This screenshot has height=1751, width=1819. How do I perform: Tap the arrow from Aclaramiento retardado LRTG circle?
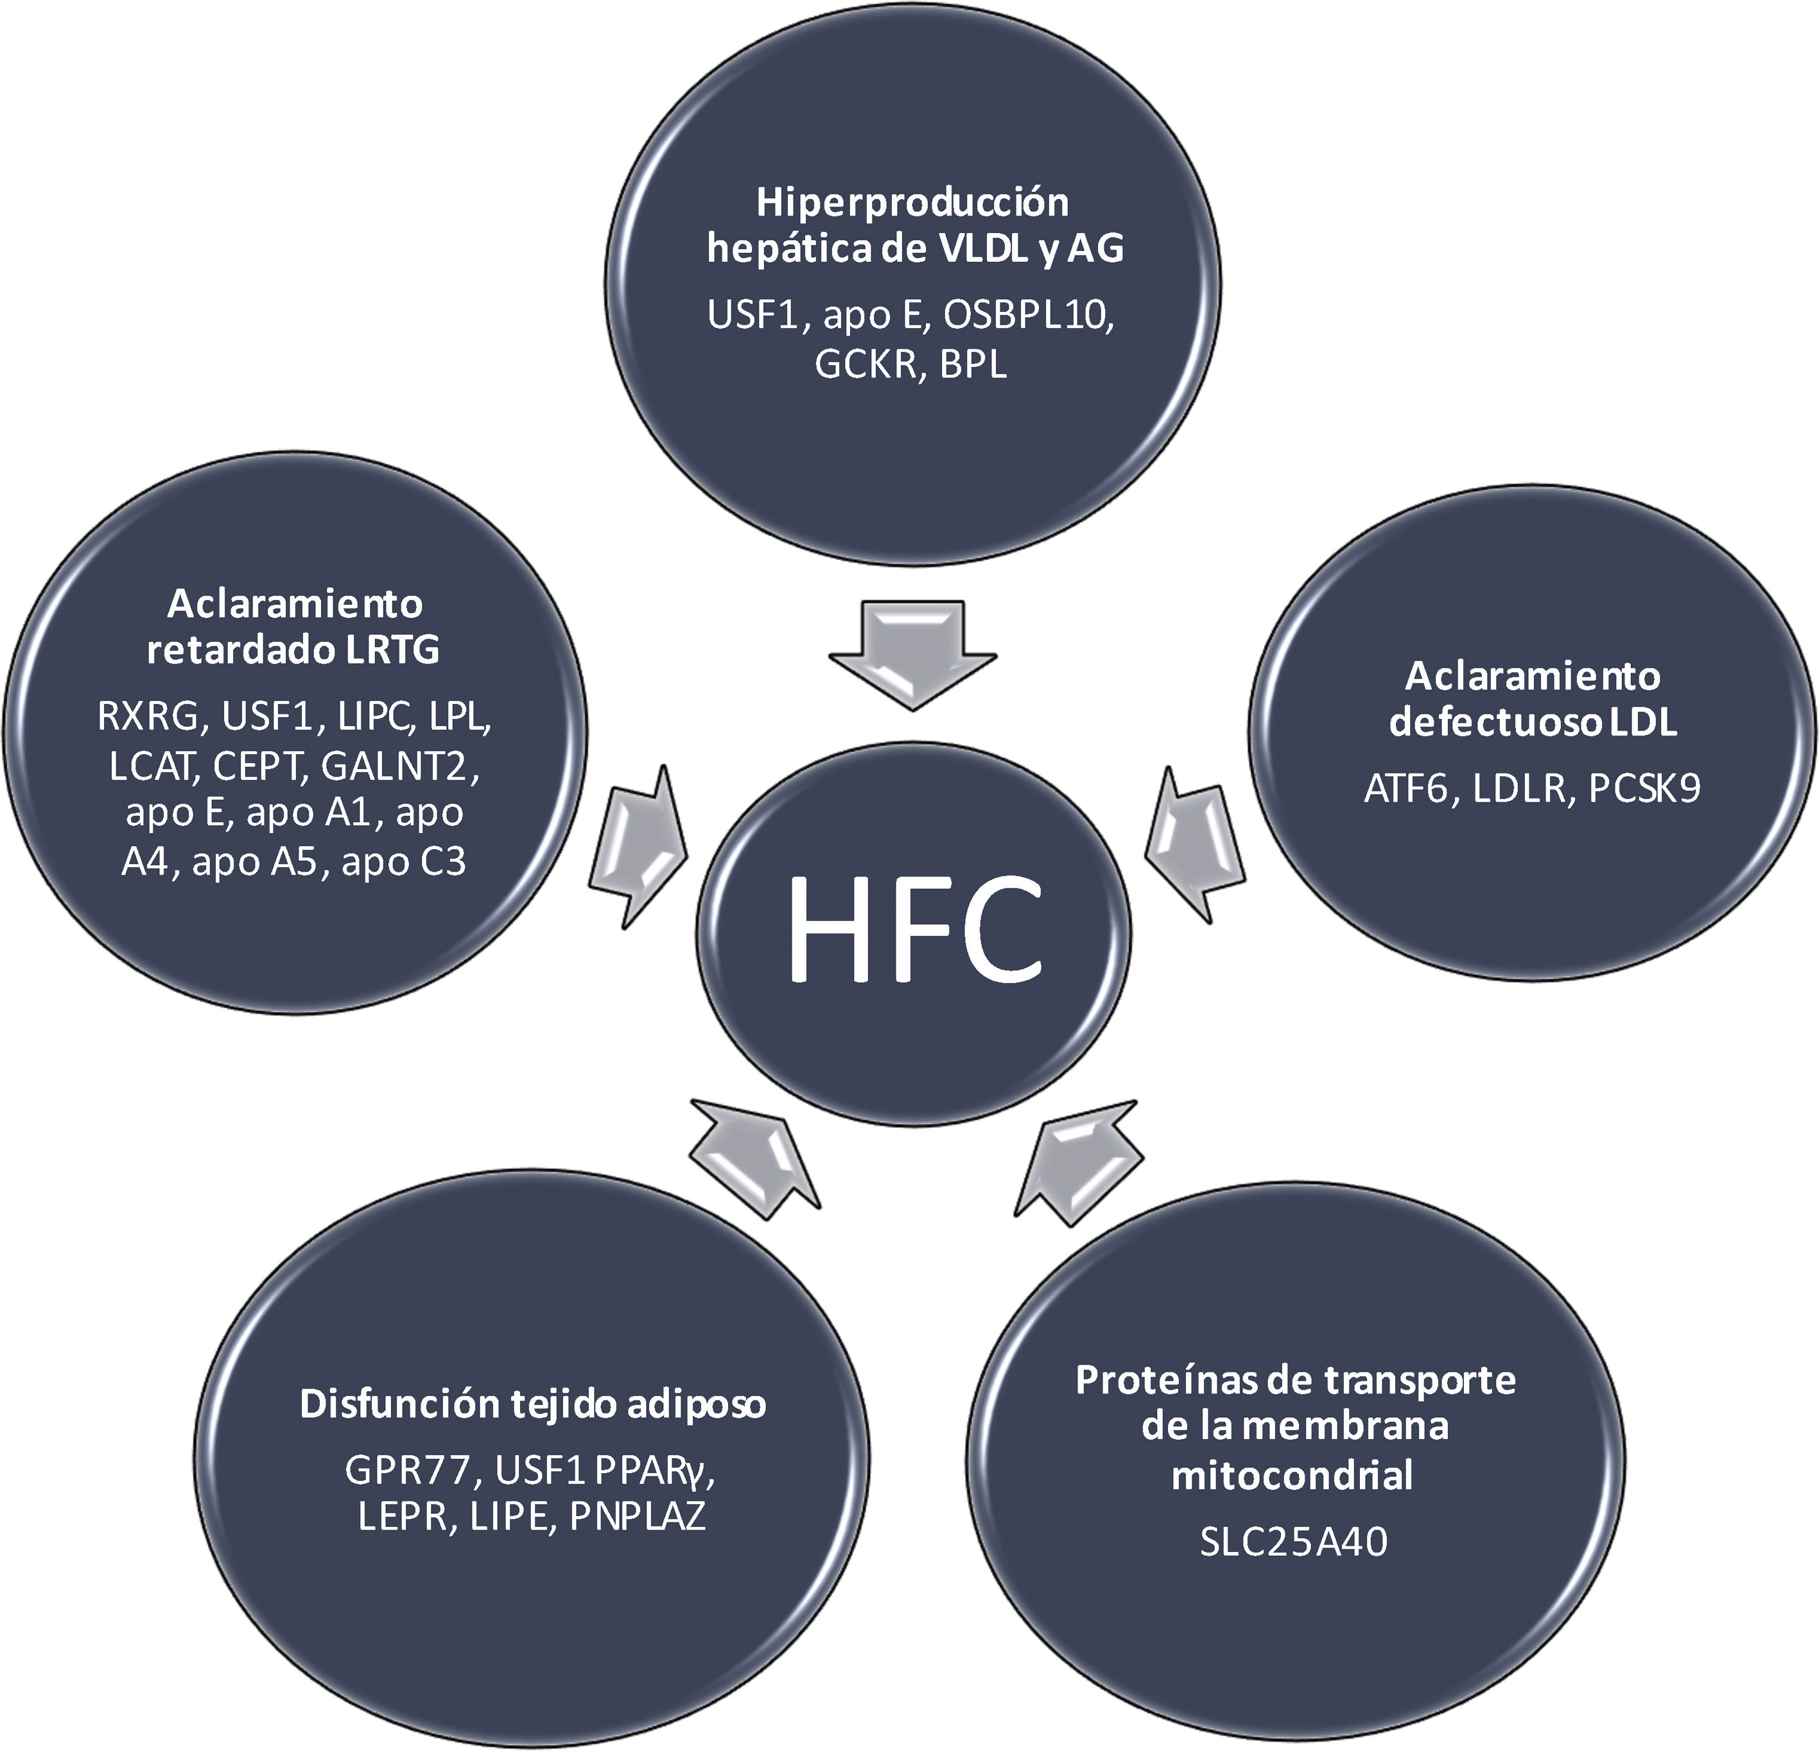[638, 845]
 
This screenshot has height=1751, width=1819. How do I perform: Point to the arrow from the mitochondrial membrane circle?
[1077, 1160]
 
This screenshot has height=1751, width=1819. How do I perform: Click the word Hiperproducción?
[912, 202]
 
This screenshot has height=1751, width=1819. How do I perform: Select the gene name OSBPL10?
[1027, 316]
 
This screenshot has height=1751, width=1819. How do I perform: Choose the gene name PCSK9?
[1644, 788]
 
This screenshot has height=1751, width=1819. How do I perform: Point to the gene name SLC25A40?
[1294, 1542]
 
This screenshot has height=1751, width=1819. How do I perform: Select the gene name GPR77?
[406, 1470]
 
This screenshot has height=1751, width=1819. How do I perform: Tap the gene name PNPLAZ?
[638, 1516]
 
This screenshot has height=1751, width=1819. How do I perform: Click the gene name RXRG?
[148, 716]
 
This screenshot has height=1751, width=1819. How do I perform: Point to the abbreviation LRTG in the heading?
[392, 650]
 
